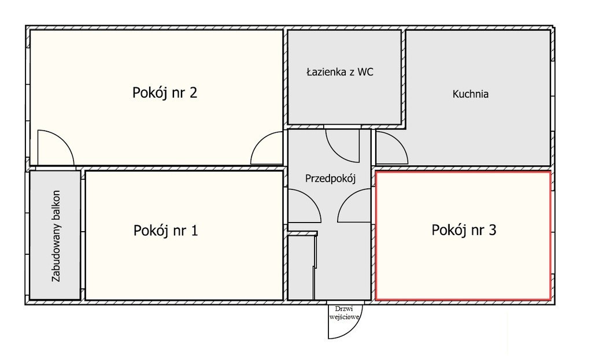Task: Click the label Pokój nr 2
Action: click(165, 92)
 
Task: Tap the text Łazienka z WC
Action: click(340, 72)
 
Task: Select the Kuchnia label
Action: click(471, 94)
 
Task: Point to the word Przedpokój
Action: click(330, 179)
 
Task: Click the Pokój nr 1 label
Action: click(165, 230)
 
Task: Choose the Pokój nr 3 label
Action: click(464, 230)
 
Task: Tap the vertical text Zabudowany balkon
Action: click(56, 236)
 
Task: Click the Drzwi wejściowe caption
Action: click(344, 313)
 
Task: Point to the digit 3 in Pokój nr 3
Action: click(493, 230)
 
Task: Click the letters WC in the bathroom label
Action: click(365, 72)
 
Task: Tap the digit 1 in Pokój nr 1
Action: click(194, 230)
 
